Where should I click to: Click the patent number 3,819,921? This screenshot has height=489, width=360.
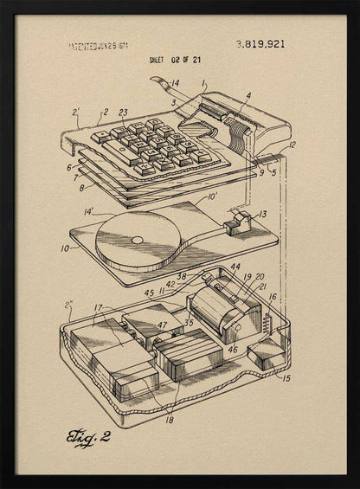pos(260,44)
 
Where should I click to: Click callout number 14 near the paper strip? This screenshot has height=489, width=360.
pos(175,83)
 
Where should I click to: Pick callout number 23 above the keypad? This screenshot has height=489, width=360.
pos(123,113)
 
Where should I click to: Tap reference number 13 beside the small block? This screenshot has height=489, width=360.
pos(261,214)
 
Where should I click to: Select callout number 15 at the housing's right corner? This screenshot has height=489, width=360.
pos(286,377)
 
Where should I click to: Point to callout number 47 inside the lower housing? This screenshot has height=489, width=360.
pos(162,325)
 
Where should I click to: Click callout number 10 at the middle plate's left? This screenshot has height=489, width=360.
pos(63,248)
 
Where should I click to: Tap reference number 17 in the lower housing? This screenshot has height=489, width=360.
pos(99,307)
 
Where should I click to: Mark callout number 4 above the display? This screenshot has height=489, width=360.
pos(248,96)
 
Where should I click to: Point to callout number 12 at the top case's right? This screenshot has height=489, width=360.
pos(291,145)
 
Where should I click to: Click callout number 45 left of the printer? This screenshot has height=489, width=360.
pos(149,293)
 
